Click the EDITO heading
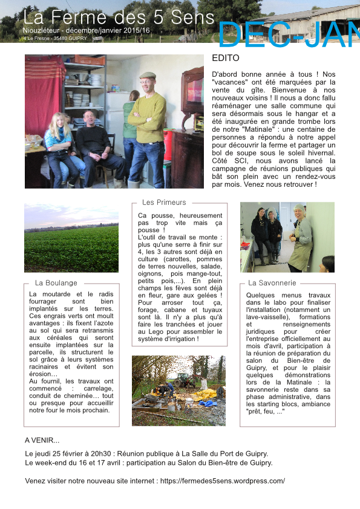point(226,59)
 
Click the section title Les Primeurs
point(164,203)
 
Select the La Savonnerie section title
point(272,282)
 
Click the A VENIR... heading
point(42,440)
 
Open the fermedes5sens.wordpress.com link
point(223,481)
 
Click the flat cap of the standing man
point(147,76)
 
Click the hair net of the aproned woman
point(300,207)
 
